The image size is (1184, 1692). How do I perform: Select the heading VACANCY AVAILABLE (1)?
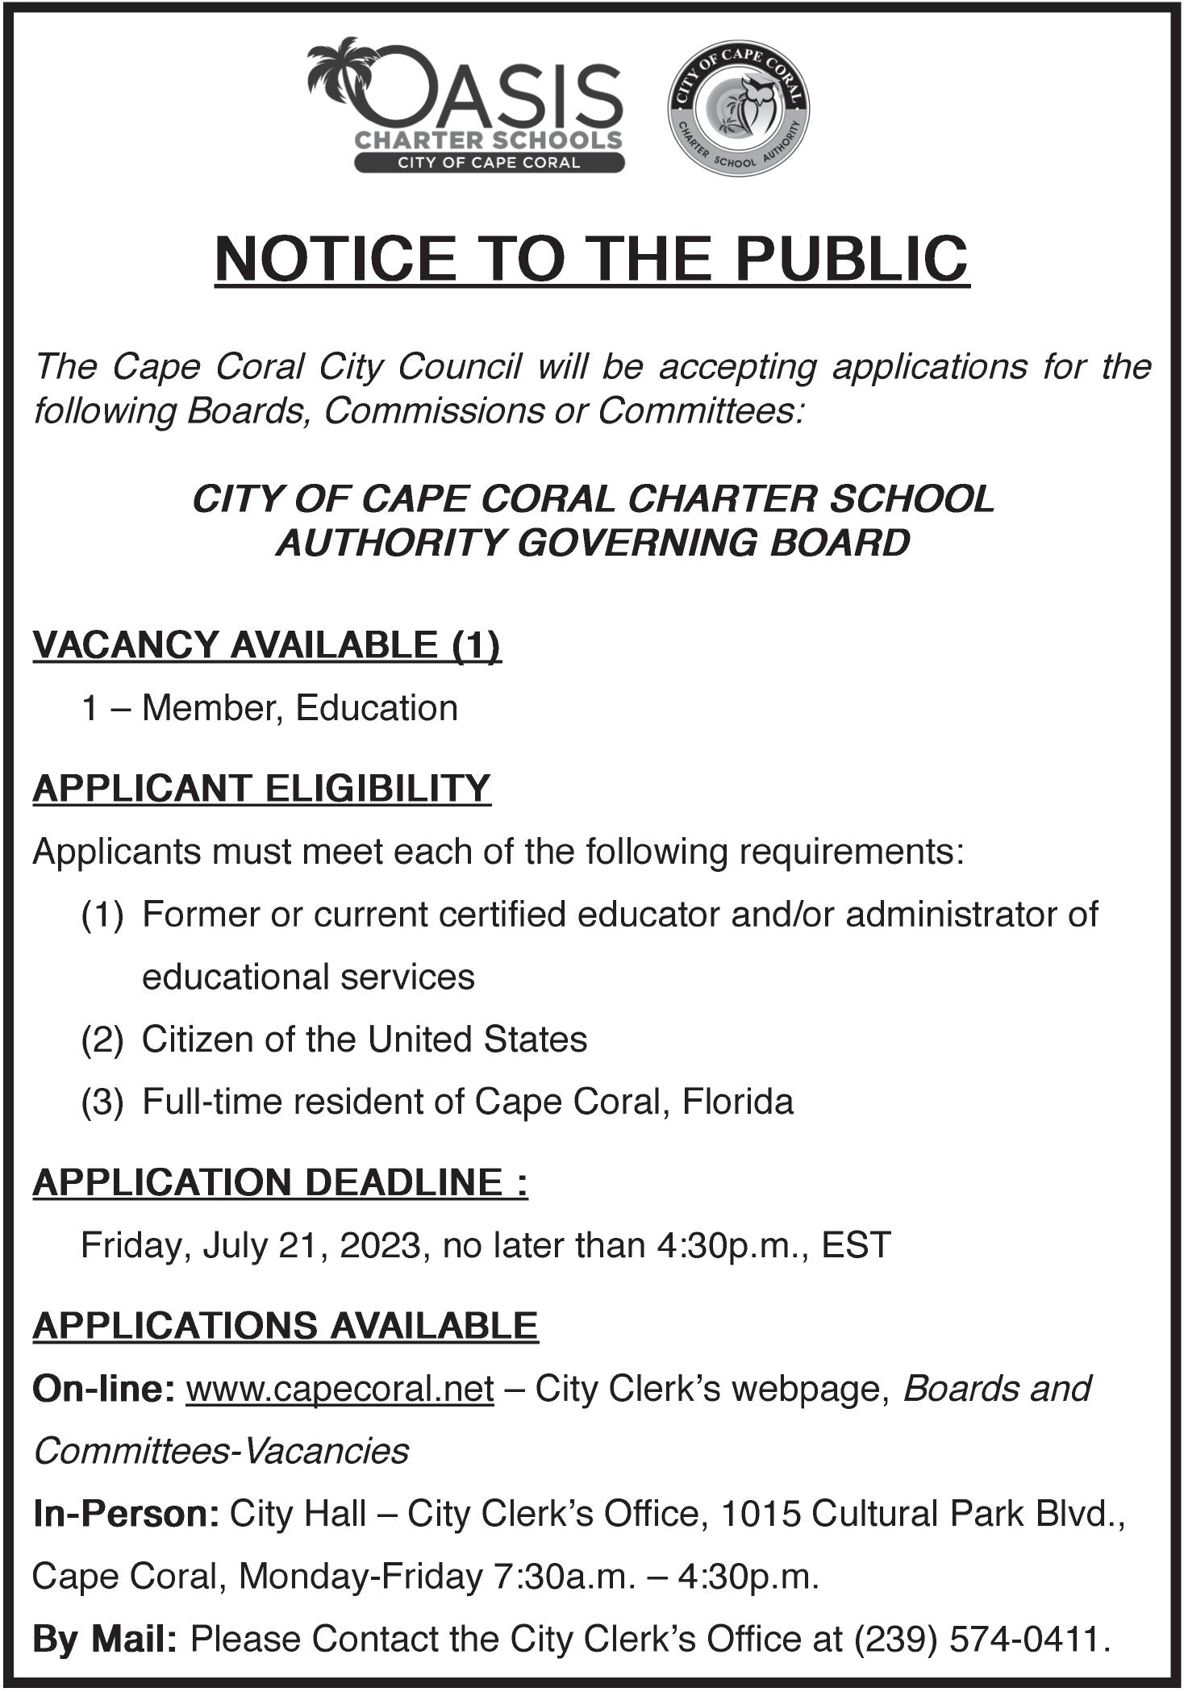pos(267,645)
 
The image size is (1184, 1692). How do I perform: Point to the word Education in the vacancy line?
pos(377,708)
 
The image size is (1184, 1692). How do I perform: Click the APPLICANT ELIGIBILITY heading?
pos(262,788)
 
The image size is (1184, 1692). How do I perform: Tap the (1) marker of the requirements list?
pos(102,915)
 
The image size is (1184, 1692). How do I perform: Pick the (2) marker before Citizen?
pos(102,1040)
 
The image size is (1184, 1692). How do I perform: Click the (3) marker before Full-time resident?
pos(102,1102)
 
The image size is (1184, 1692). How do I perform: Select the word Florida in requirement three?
pos(738,1102)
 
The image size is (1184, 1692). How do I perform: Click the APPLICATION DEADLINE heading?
pos(280,1182)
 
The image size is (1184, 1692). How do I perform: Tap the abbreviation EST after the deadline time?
pos(856,1245)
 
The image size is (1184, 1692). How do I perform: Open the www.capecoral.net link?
pos(340,1390)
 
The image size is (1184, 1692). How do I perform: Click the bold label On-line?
pos(104,1390)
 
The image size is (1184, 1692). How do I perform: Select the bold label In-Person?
pos(126,1514)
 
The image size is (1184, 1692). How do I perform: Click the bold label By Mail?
pos(104,1639)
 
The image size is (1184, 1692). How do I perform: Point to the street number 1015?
pos(758,1514)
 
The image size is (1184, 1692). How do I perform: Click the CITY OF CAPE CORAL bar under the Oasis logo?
pos(489,162)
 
